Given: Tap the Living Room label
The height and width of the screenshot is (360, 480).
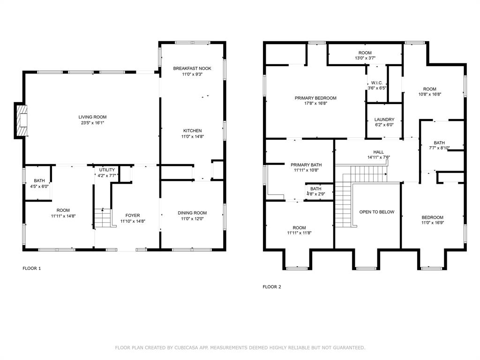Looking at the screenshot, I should tap(92, 117).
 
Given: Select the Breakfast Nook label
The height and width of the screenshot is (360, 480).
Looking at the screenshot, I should tap(192, 68).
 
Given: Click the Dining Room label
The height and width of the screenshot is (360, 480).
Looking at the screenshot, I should tap(192, 213).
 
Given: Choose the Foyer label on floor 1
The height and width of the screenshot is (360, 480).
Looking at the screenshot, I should tap(133, 216).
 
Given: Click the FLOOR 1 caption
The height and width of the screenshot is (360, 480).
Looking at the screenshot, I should tap(32, 269).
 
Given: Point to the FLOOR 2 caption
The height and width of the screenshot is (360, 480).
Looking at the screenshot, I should tap(272, 287).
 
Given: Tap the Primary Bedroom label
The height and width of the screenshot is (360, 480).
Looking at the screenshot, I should tap(315, 98).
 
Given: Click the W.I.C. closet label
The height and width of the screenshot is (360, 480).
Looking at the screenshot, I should tap(377, 82).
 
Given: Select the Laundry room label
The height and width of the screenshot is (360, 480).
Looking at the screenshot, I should tap(384, 120).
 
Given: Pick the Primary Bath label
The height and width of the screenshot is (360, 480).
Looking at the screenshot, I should tap(306, 165).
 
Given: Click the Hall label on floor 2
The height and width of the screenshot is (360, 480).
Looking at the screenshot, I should tap(378, 152).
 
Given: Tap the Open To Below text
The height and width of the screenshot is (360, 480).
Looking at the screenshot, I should tap(376, 212).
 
